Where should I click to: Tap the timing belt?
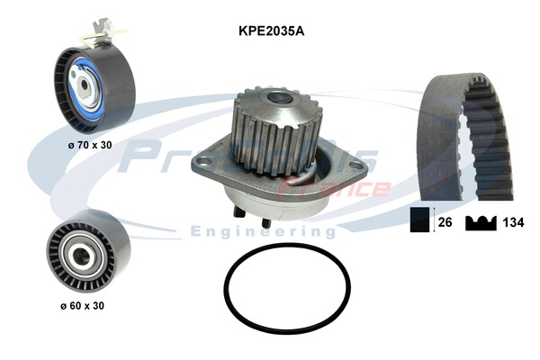(465, 135)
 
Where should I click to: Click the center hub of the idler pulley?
(76, 252)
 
